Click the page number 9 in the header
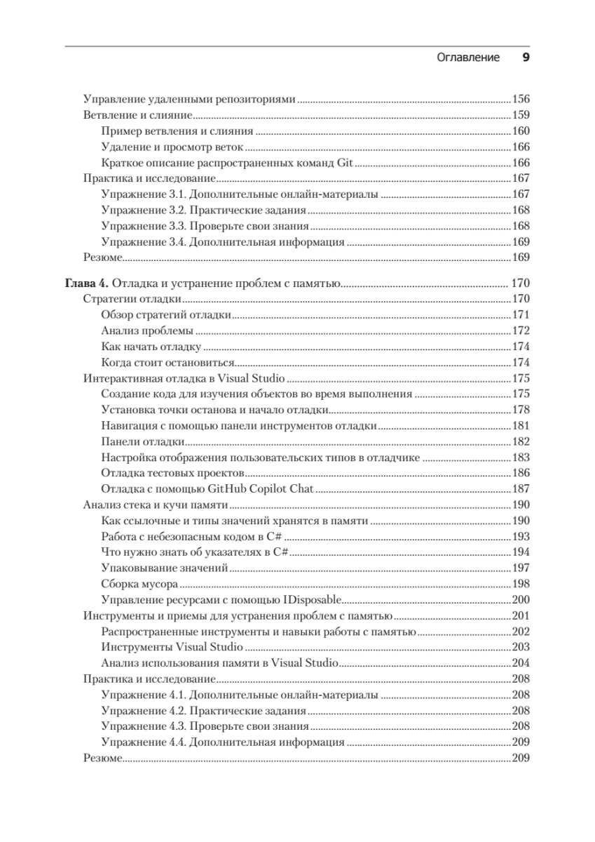tap(526, 58)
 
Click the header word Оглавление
tap(467, 58)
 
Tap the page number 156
tap(521, 98)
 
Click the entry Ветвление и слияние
tap(137, 114)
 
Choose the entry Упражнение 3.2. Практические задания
tap(203, 210)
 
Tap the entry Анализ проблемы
tap(147, 330)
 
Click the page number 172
tap(521, 330)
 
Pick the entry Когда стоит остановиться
tap(166, 362)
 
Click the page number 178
tap(521, 410)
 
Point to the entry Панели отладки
tap(143, 441)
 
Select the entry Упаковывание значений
tap(165, 568)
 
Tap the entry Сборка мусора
tap(140, 583)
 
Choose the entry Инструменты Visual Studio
tap(172, 647)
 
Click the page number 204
tap(521, 663)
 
